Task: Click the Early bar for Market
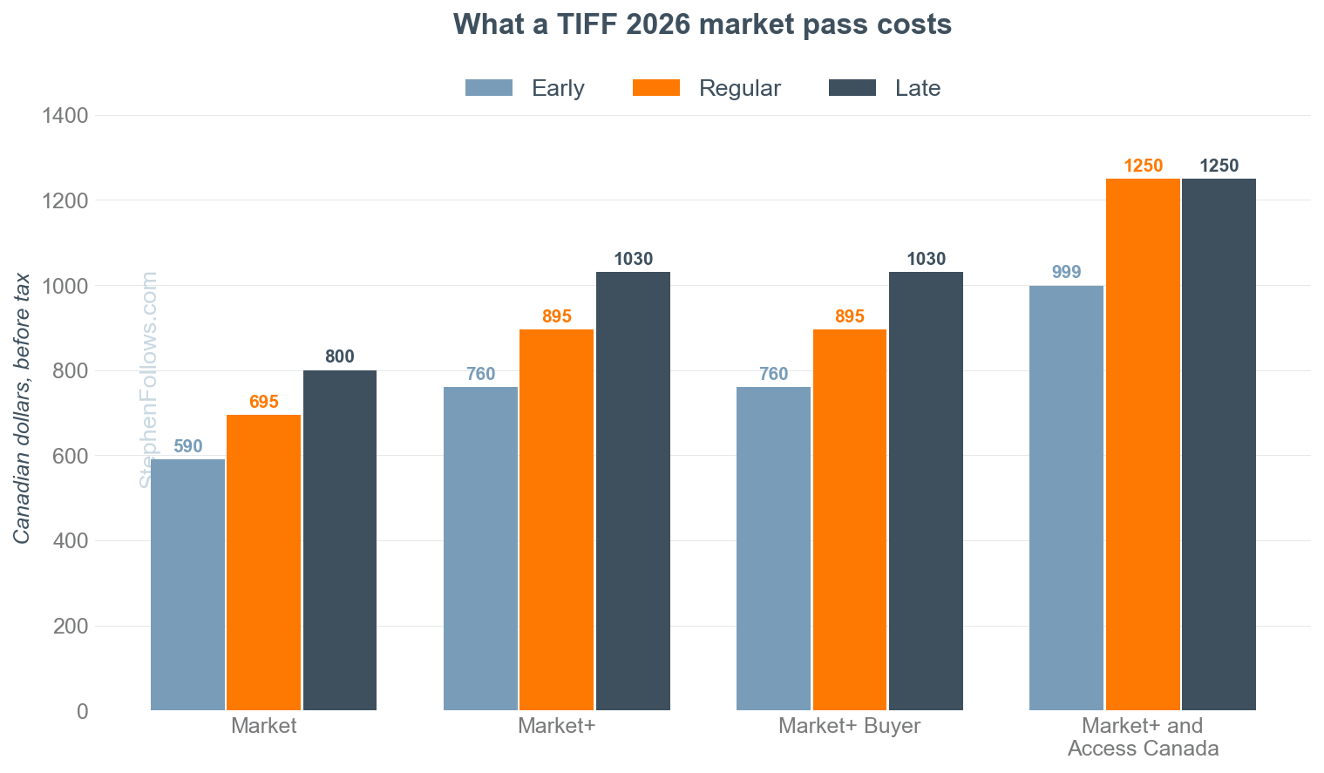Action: [188, 585]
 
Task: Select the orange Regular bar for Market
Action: [263, 563]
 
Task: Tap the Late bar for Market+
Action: [633, 492]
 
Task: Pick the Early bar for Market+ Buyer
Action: [774, 548]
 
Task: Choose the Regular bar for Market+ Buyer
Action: [850, 520]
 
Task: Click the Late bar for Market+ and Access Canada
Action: [1219, 444]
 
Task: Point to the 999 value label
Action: [1066, 272]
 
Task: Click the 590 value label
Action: [188, 446]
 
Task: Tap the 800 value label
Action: [340, 356]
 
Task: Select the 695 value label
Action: [263, 402]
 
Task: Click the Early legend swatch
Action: [489, 87]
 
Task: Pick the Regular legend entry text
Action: [739, 88]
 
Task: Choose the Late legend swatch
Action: [852, 87]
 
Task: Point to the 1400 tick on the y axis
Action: [65, 115]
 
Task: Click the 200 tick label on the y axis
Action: [71, 626]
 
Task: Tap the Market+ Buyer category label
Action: [849, 726]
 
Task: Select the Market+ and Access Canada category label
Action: [1143, 737]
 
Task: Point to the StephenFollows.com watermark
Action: [148, 380]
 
